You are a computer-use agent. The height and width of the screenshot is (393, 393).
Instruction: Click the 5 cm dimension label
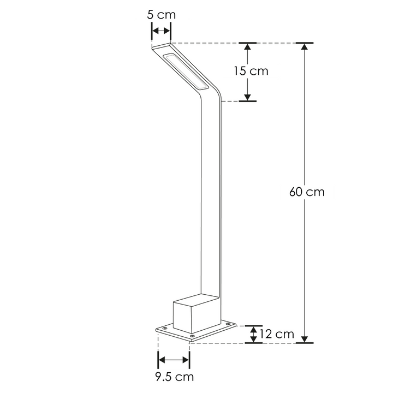pyautogui.click(x=161, y=15)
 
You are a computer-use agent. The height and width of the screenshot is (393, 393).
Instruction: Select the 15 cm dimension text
pyautogui.click(x=251, y=71)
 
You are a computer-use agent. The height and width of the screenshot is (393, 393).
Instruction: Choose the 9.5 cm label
pyautogui.click(x=174, y=377)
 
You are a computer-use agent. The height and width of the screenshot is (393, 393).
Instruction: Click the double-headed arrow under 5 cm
pyautogui.click(x=161, y=31)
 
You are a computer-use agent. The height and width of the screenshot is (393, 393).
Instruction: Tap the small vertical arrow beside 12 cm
pyautogui.click(x=252, y=334)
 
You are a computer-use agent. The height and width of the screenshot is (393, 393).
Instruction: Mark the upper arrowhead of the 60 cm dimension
pyautogui.click(x=305, y=47)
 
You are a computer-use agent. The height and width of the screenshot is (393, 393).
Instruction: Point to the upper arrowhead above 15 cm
pyautogui.click(x=248, y=47)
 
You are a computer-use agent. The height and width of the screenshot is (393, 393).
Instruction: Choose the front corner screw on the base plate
pyautogui.click(x=192, y=335)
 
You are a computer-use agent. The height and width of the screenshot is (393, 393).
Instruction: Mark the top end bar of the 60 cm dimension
pyautogui.click(x=305, y=43)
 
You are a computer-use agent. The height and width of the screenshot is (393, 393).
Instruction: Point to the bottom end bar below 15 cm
pyautogui.click(x=248, y=100)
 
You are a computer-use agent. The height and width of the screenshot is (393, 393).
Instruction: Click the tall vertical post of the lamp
pyautogui.click(x=211, y=196)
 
